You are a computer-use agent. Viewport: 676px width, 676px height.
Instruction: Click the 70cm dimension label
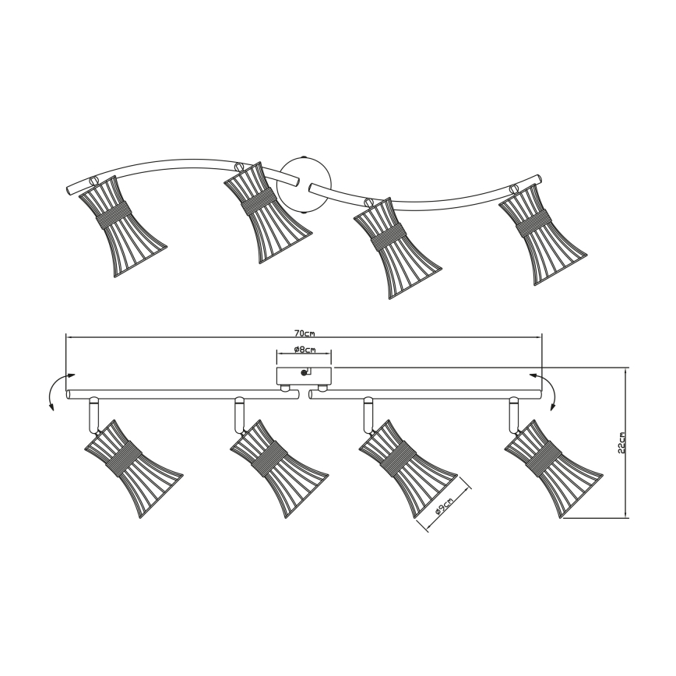click(x=305, y=333)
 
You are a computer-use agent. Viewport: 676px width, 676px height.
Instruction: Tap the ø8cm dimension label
click(x=305, y=350)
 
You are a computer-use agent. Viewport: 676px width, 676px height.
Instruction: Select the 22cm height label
click(x=621, y=443)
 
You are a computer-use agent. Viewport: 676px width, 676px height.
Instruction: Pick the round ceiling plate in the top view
click(x=305, y=185)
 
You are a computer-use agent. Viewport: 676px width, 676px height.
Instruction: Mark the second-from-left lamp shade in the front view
click(x=280, y=468)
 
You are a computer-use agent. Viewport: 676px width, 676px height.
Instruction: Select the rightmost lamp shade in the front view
click(x=554, y=468)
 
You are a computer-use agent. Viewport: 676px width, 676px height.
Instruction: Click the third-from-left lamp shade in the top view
click(x=398, y=248)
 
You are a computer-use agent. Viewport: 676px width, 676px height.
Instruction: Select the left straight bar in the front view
click(x=183, y=394)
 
